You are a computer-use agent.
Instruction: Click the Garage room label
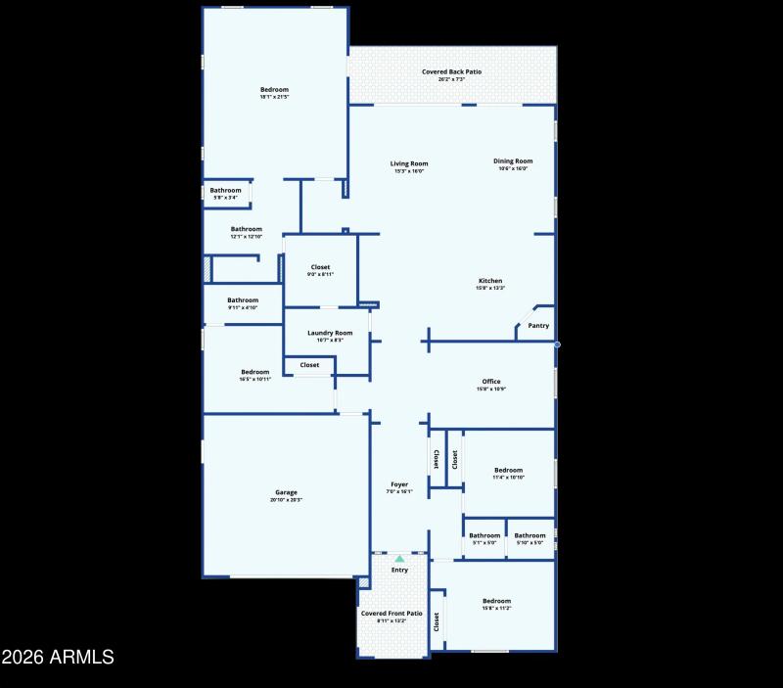(286, 492)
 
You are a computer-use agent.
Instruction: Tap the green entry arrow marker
(399, 559)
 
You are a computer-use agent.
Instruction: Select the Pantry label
(538, 326)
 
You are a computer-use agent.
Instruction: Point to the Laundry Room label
(330, 333)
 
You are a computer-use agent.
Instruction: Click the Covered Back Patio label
(451, 71)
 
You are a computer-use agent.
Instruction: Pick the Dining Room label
(513, 161)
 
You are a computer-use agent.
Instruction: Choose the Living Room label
(409, 163)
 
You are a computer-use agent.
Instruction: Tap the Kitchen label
(490, 281)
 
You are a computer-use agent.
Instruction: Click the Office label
(491, 382)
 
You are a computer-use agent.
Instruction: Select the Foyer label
(399, 484)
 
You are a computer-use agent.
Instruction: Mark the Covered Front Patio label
(391, 614)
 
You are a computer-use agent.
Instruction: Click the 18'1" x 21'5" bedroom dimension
(274, 97)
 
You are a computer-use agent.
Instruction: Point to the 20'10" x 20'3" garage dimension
(286, 500)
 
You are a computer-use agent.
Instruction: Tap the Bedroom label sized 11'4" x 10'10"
(508, 470)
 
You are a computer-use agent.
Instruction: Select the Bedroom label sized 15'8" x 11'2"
(496, 601)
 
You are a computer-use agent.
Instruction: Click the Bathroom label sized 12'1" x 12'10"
(247, 229)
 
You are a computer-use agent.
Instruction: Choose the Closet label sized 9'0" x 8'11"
(321, 267)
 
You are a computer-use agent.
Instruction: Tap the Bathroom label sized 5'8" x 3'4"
(225, 190)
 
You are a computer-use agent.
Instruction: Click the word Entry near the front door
(399, 570)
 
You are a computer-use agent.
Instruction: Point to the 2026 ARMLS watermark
(58, 657)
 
